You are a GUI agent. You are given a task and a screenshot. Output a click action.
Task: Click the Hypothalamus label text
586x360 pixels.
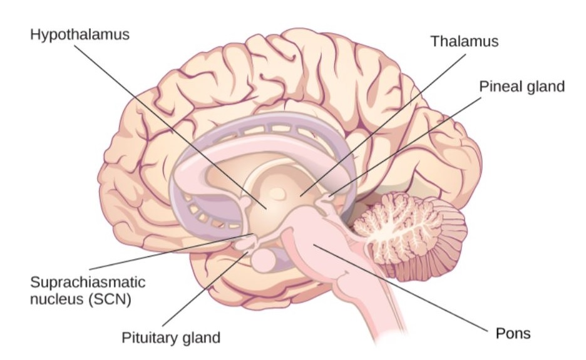pyautogui.click(x=80, y=35)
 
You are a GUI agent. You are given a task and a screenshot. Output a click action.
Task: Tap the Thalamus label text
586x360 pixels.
pyautogui.click(x=465, y=41)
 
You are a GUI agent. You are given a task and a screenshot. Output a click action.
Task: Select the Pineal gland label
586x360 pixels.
pyautogui.click(x=522, y=87)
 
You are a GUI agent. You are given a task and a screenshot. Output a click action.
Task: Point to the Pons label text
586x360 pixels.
pyautogui.click(x=513, y=333)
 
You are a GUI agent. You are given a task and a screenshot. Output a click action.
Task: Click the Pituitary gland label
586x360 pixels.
pyautogui.click(x=171, y=337)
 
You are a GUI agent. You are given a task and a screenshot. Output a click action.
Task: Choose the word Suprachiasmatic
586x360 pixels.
pyautogui.click(x=88, y=282)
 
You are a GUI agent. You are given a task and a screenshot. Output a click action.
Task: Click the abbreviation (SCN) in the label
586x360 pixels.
pyautogui.click(x=110, y=299)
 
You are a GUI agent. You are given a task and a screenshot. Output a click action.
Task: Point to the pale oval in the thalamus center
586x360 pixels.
pyautogui.click(x=277, y=193)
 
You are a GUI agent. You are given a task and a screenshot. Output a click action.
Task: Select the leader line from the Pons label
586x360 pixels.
pyautogui.click(x=401, y=288)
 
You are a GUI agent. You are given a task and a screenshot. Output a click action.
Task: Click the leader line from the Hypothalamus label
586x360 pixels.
pyautogui.click(x=170, y=127)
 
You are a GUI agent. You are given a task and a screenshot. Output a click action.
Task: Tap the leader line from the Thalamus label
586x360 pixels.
pyautogui.click(x=383, y=125)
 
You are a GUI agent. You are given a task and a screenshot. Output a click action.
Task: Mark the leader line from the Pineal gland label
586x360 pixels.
pyautogui.click(x=406, y=147)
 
